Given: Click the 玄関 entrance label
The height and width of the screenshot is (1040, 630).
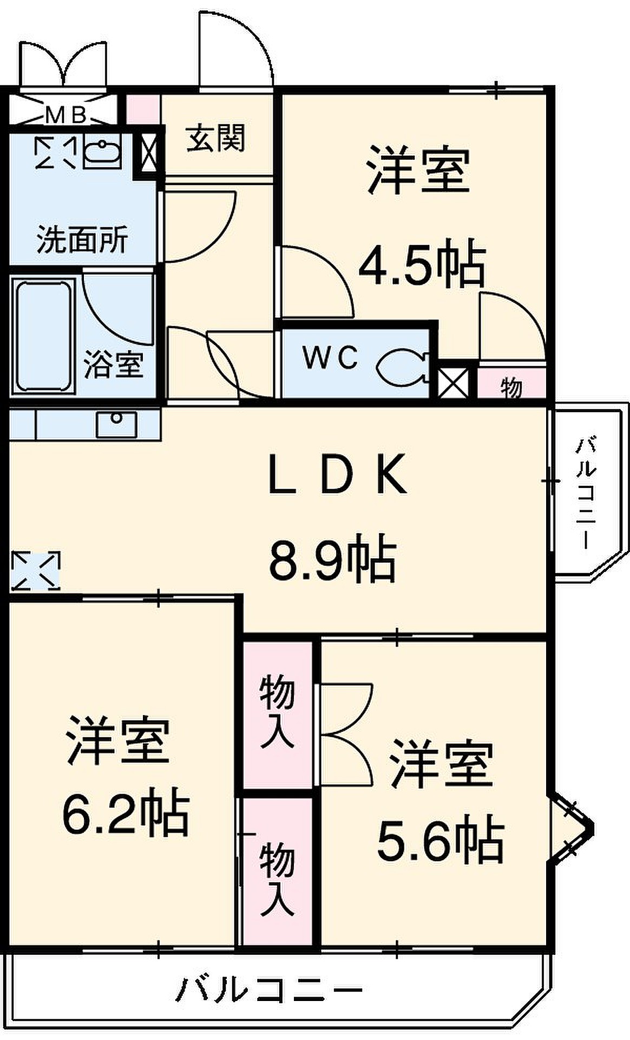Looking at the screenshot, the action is click(x=215, y=138).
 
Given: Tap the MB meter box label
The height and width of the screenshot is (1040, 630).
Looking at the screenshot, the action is click(x=65, y=114).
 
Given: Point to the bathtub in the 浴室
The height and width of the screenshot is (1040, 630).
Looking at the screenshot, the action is click(x=44, y=335).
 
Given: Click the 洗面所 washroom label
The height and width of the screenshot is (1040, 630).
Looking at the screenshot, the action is click(x=82, y=239).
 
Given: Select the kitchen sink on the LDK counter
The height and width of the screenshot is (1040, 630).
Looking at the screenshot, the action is click(x=116, y=424).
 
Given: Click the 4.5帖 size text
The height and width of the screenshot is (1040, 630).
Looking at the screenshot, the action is click(x=422, y=263).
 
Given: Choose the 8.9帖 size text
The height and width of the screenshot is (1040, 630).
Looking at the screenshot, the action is click(x=333, y=558).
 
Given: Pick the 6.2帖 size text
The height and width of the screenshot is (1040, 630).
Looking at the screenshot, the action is click(x=126, y=813).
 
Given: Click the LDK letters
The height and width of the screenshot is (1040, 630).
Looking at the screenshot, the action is click(x=338, y=474).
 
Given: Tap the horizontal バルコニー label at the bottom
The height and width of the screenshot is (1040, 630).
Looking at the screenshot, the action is click(x=269, y=989).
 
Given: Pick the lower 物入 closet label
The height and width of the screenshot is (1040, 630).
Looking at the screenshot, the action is click(x=277, y=879).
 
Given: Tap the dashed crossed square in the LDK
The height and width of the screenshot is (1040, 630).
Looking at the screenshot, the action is click(x=35, y=570).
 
